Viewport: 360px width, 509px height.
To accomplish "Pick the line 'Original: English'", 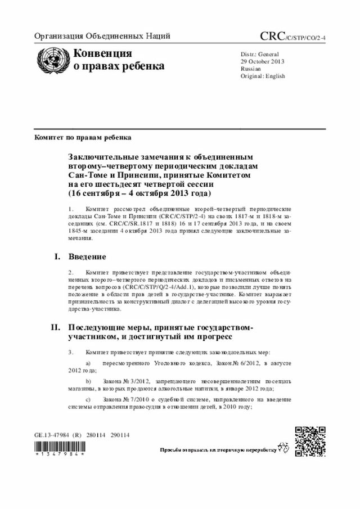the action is [x=263, y=76].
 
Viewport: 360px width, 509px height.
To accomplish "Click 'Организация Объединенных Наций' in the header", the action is [x=102, y=37].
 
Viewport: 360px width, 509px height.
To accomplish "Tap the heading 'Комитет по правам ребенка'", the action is [x=83, y=137].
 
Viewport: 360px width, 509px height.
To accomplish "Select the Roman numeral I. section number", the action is [x=56, y=257].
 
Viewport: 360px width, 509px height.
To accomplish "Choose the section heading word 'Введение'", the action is [x=87, y=257].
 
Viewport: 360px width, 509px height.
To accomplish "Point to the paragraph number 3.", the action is [x=70, y=352].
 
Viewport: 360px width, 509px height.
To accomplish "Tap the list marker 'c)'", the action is [x=88, y=398].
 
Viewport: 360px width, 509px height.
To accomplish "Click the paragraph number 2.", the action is [x=70, y=272].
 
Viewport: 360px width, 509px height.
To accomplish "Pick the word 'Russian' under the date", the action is [x=250, y=68].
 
